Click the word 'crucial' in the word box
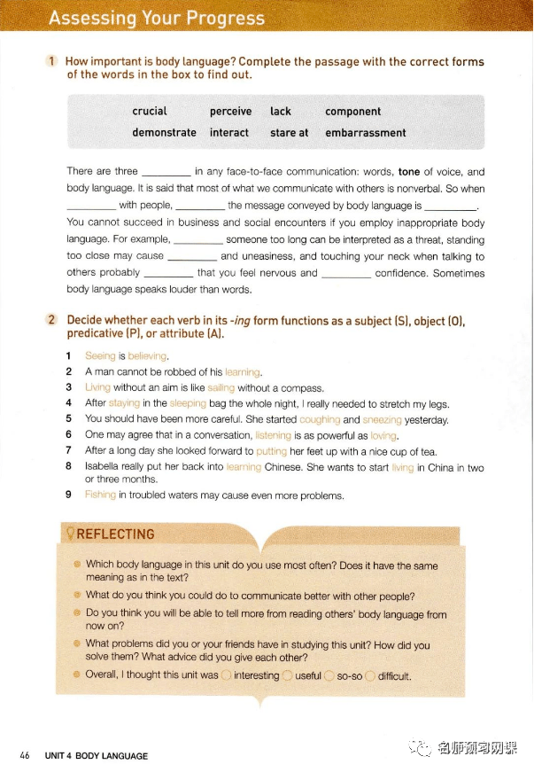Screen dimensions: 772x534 tap(150, 112)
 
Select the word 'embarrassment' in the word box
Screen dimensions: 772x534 tap(366, 133)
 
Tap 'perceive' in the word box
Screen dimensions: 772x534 tap(230, 112)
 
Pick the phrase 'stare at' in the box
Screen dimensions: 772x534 tap(290, 133)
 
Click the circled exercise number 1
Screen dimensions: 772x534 tap(52, 61)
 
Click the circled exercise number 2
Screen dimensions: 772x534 tap(52, 320)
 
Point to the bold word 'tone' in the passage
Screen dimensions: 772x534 tap(409, 172)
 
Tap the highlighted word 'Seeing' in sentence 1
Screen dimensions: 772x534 tap(100, 356)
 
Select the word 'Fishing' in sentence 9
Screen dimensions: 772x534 tap(100, 495)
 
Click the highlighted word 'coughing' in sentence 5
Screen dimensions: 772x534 tap(320, 419)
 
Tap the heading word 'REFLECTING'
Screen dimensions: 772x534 tap(115, 534)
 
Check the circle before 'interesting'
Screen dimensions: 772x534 tap(227, 675)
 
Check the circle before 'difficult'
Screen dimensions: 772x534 tap(370, 675)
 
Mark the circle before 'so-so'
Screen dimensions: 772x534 tap(329, 675)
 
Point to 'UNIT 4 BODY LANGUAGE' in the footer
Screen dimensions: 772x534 tap(98, 756)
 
